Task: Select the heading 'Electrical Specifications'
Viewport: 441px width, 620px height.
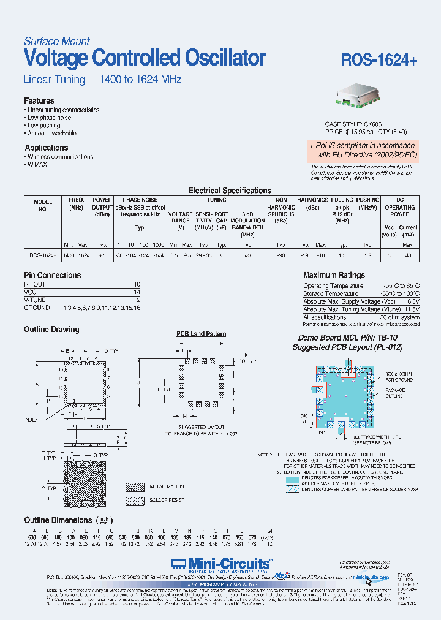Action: point(230,191)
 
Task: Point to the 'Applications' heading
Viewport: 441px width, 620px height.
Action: point(46,148)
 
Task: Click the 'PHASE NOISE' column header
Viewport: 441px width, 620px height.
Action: point(140,200)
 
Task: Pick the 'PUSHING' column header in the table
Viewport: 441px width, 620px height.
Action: point(367,200)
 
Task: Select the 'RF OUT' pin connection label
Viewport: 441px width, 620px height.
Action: point(34,285)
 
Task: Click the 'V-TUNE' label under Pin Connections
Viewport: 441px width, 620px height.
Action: point(35,300)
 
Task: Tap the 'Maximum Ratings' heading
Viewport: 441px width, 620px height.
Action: point(334,275)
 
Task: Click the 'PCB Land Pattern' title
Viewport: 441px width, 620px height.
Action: point(202,334)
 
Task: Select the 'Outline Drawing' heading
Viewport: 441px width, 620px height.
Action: point(51,329)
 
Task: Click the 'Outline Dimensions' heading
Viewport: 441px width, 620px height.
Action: point(58,520)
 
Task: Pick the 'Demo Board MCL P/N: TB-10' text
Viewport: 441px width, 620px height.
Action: point(347,338)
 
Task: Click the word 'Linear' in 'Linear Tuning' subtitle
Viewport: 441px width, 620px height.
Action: point(37,80)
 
